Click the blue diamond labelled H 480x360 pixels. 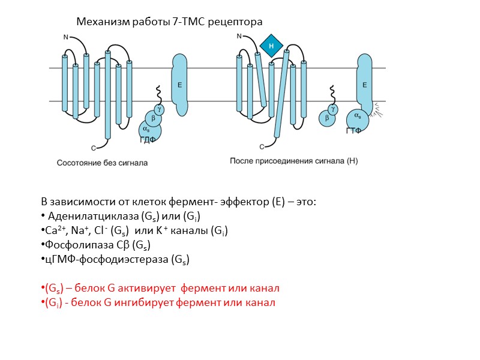[x=271, y=46]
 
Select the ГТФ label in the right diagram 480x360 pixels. [x=355, y=131]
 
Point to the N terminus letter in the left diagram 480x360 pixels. [x=66, y=37]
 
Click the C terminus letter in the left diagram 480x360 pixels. [x=94, y=147]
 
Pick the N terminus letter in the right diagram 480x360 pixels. [x=239, y=37]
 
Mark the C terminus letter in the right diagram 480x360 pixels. [x=262, y=146]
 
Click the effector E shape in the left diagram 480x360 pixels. [x=179, y=84]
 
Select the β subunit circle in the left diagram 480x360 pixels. [x=153, y=119]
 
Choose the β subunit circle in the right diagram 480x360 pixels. [x=327, y=118]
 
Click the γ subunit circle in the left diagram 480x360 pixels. [x=159, y=109]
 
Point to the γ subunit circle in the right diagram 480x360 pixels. [x=333, y=109]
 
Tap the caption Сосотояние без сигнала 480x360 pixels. [x=102, y=163]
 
